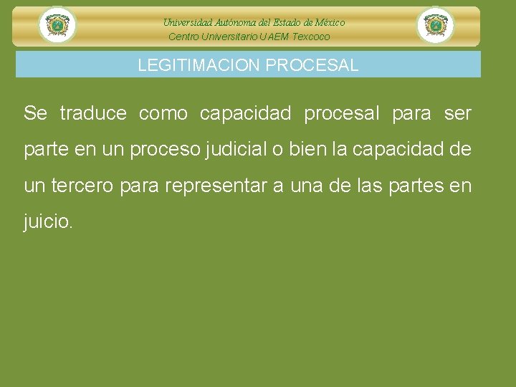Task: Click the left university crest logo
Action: [57, 26]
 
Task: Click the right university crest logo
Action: [435, 26]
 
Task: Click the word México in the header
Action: [327, 23]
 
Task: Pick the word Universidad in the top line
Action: [188, 23]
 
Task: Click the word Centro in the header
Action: [183, 37]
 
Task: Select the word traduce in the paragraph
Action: [93, 113]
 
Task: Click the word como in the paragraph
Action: [163, 113]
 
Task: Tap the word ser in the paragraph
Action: [458, 113]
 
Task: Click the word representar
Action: [216, 186]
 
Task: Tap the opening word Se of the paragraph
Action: [35, 113]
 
